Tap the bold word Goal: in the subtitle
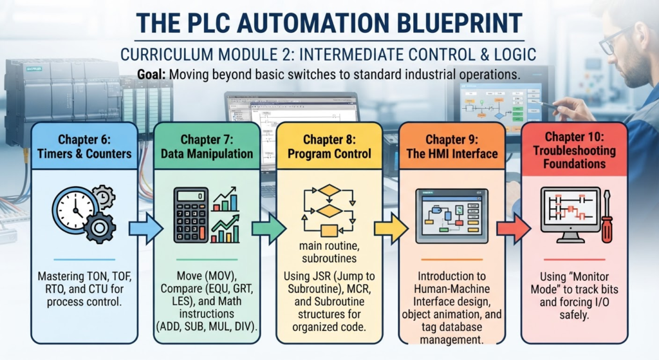click(151, 75)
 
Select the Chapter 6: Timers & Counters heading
click(84, 146)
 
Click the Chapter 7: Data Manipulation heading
click(207, 146)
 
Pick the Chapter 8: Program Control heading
click(329, 146)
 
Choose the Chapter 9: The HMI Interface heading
click(452, 146)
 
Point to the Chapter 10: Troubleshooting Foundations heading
click(575, 150)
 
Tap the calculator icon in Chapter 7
click(191, 215)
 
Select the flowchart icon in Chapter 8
click(329, 211)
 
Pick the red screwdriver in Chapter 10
click(607, 216)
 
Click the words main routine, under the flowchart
click(329, 245)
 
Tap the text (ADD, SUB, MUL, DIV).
click(207, 327)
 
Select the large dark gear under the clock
click(100, 227)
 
